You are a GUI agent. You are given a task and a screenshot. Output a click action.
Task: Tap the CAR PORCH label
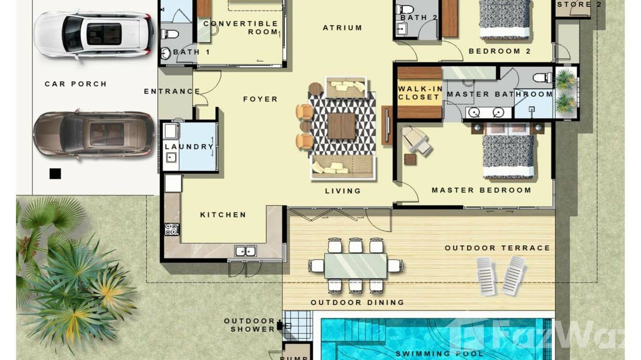tap(75, 84)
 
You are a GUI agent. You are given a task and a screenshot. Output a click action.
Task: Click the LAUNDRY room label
tap(189, 147)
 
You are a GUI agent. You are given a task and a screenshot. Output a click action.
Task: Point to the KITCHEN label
tap(223, 215)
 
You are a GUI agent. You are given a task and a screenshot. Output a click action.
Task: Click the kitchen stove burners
tap(171, 229)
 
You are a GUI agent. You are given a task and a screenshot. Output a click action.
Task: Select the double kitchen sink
tap(245, 251)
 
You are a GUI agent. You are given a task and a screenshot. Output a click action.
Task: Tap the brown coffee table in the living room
tap(342, 126)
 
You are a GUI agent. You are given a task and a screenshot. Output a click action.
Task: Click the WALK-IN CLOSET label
tap(418, 93)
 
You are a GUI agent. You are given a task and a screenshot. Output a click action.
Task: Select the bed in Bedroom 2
tap(505, 19)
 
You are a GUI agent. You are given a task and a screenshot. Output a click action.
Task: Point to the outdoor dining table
tap(355, 265)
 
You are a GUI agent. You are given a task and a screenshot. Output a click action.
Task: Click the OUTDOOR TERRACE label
tap(497, 248)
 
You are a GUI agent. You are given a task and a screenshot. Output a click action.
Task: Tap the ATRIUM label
tap(342, 28)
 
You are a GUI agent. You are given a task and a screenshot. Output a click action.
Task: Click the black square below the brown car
tap(55, 174)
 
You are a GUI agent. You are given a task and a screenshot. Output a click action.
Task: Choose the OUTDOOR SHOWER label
tap(249, 325)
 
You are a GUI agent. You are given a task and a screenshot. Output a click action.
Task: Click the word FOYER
tap(260, 99)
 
